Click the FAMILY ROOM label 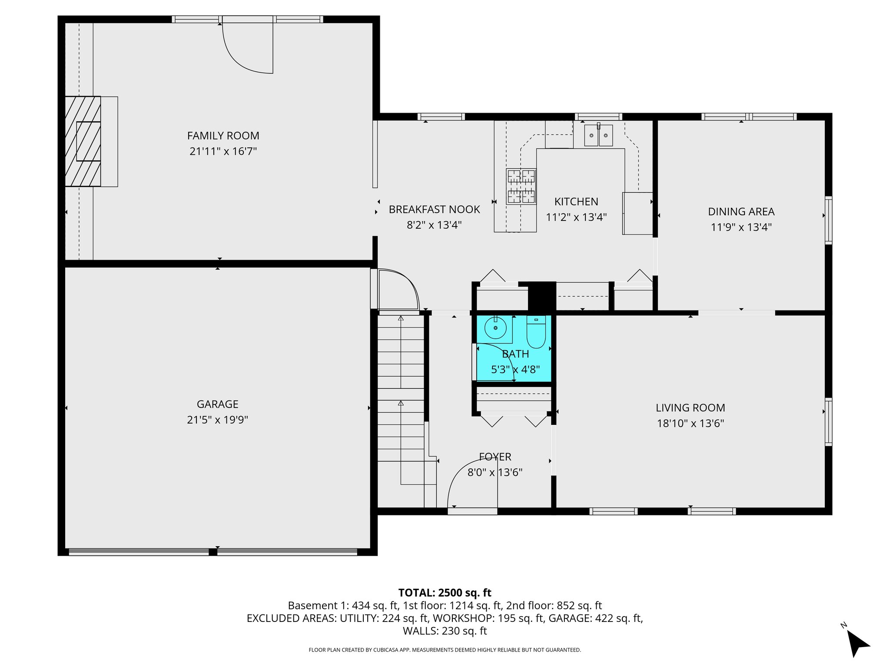223,136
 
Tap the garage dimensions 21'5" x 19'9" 217,420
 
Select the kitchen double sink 598,135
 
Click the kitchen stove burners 521,187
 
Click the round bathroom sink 495,328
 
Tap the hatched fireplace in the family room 83,141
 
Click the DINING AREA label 741,212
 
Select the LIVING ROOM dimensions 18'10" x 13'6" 690,423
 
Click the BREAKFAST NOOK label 434,210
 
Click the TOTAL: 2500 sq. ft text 445,593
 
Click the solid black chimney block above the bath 542,296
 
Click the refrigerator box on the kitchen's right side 638,214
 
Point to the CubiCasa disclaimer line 445,650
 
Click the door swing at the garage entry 396,289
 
